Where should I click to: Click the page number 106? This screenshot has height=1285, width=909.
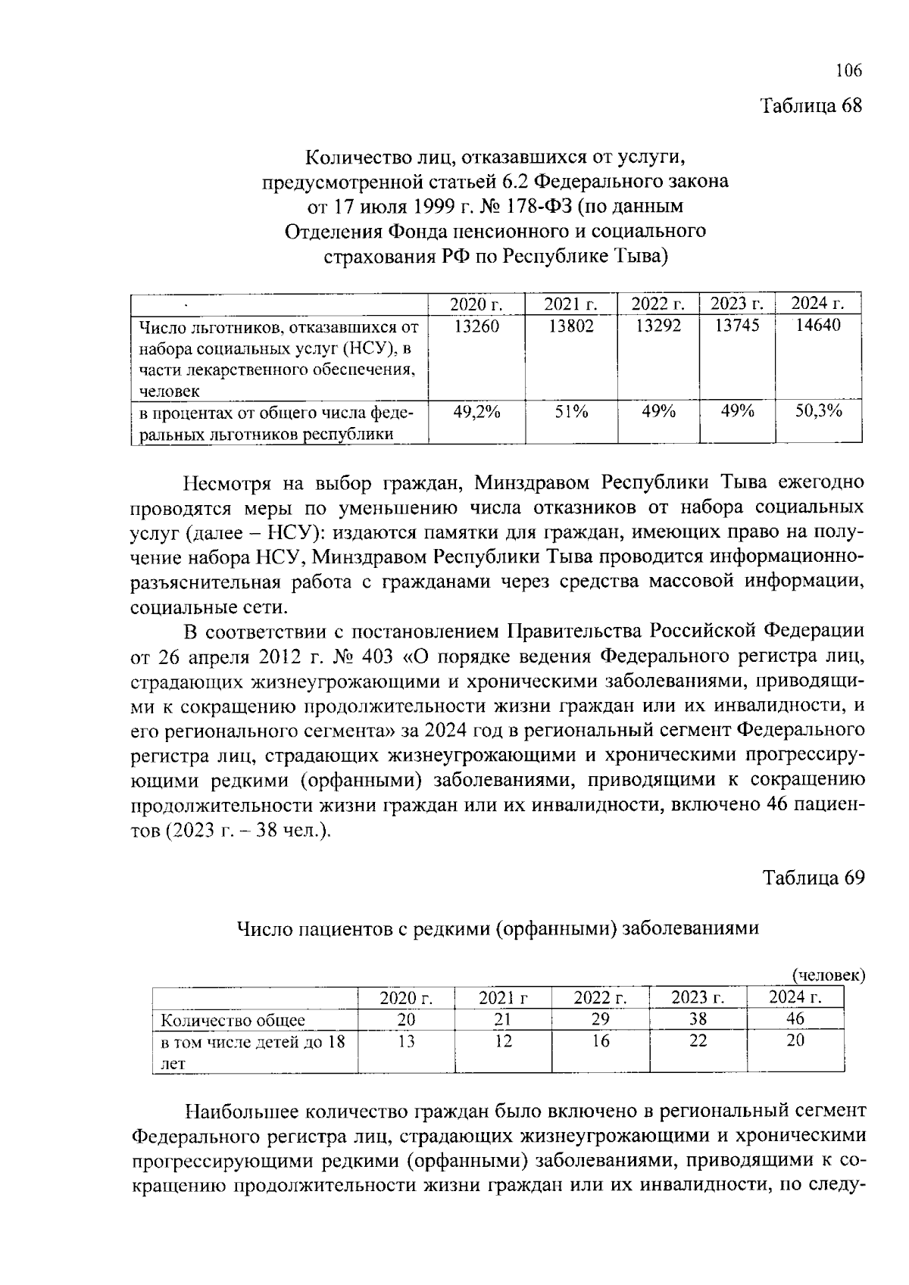[848, 71]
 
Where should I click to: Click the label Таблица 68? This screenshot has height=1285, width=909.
[811, 105]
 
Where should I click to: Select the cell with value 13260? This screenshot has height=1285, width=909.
[476, 326]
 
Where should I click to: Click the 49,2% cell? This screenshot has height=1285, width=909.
[476, 411]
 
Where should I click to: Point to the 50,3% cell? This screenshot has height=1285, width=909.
[818, 411]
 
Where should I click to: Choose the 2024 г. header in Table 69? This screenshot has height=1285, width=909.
[795, 997]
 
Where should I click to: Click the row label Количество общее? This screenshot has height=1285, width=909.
[233, 1020]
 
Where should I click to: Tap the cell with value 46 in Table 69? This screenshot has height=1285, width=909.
[795, 1019]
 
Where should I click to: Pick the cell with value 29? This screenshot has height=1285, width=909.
[600, 1019]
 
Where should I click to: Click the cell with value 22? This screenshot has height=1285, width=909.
[698, 1041]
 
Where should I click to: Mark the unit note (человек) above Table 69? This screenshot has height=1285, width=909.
[828, 975]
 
